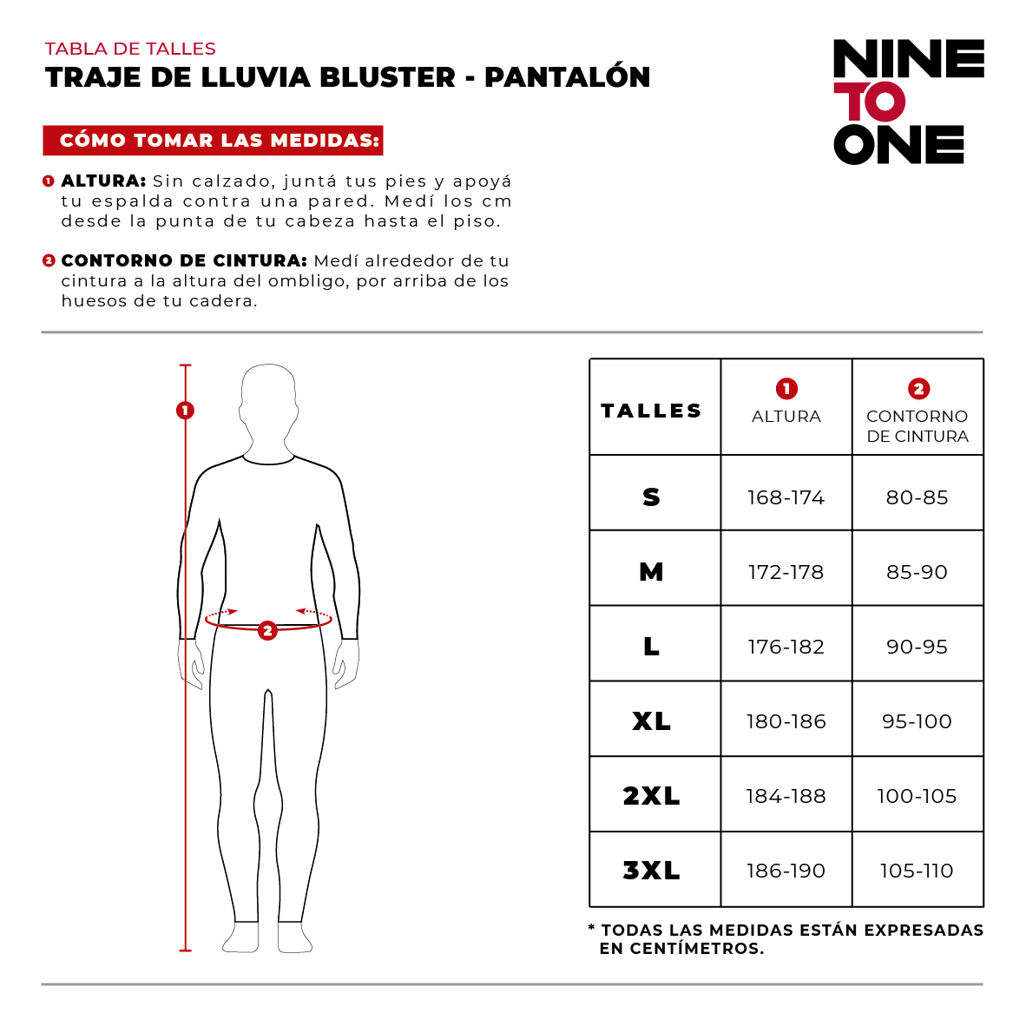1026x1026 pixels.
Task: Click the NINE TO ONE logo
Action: [x=908, y=102]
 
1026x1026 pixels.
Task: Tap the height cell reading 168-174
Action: [x=786, y=497]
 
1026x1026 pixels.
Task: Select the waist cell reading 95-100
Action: [x=917, y=721]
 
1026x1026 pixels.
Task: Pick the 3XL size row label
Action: [x=652, y=871]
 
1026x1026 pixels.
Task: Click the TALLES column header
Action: [x=652, y=411]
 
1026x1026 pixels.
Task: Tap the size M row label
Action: [x=652, y=572]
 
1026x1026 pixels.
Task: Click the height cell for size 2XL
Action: [x=786, y=796]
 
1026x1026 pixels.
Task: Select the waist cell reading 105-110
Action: [x=917, y=871]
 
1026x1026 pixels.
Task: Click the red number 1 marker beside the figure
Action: [x=185, y=411]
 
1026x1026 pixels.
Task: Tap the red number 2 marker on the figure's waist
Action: [x=267, y=630]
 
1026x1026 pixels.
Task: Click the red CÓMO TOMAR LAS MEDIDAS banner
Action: [x=214, y=141]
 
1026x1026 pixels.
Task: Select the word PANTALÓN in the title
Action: [x=567, y=77]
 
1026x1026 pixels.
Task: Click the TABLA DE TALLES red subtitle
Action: [x=130, y=49]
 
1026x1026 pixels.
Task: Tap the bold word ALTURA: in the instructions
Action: [x=103, y=181]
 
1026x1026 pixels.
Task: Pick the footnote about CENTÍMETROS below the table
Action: [x=786, y=939]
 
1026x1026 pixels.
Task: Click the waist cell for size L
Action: [x=917, y=647]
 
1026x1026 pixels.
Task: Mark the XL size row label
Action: [x=652, y=721]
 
